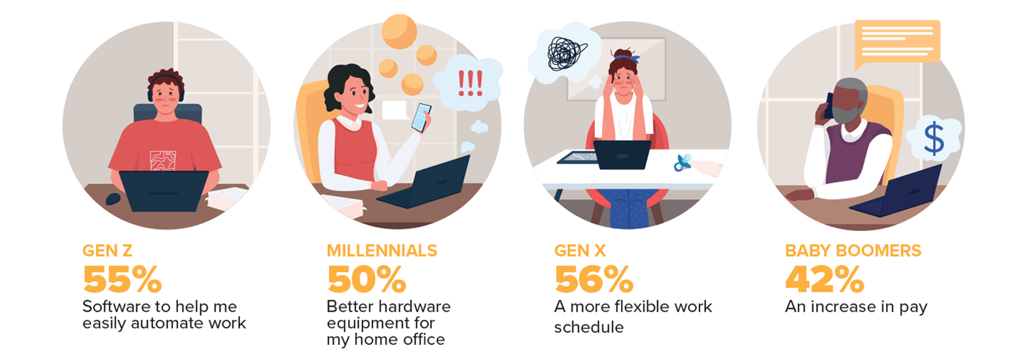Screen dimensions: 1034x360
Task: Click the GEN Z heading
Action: (107, 251)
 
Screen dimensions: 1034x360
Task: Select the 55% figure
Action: (122, 279)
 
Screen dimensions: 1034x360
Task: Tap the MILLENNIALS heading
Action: (382, 251)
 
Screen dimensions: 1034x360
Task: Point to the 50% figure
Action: (366, 279)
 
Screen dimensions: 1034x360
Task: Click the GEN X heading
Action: (580, 251)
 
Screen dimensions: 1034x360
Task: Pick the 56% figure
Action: (594, 279)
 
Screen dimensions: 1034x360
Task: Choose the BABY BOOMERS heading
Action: (853, 251)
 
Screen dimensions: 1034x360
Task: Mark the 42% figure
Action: (825, 279)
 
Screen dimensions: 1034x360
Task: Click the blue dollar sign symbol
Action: (934, 139)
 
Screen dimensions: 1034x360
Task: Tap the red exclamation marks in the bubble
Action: (470, 83)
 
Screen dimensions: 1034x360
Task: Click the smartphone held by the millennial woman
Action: (421, 118)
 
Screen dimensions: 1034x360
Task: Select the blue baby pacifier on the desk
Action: (683, 162)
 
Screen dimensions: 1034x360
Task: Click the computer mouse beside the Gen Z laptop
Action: (113, 199)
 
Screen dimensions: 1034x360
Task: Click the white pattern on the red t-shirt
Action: (163, 160)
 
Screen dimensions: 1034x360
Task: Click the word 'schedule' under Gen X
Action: (588, 327)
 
